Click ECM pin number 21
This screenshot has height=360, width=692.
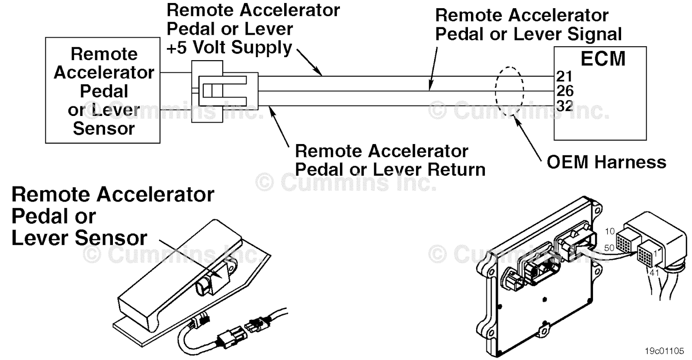(x=564, y=76)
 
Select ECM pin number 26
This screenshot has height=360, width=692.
(x=565, y=91)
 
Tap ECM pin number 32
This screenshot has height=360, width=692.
(x=565, y=106)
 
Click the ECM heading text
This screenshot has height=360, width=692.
(x=602, y=59)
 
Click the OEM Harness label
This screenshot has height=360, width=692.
(x=606, y=162)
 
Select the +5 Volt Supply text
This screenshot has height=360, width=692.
(x=229, y=48)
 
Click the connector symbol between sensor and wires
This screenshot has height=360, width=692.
(x=224, y=91)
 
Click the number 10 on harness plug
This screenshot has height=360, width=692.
(x=609, y=231)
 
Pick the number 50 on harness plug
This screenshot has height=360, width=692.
(x=609, y=248)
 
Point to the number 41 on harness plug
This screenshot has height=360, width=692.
(x=654, y=273)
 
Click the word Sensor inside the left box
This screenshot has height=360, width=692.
(x=104, y=129)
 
